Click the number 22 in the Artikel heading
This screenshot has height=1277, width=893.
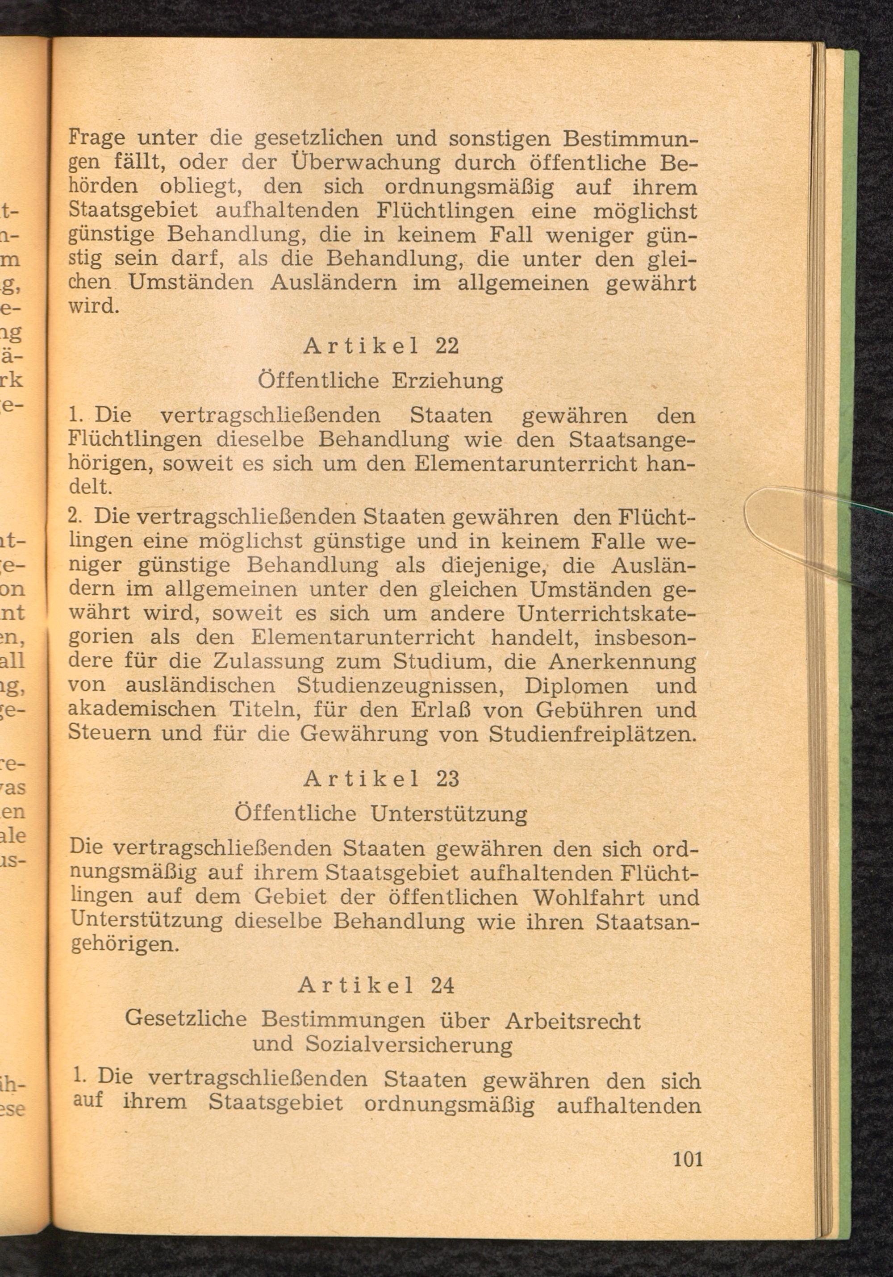tap(447, 346)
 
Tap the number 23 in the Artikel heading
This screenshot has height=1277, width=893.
tap(447, 779)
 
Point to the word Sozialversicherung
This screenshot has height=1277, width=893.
tap(409, 1046)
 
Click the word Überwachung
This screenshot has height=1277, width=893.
tap(366, 163)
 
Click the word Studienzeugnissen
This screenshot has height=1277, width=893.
tap(401, 685)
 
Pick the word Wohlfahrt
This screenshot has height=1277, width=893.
tap(589, 897)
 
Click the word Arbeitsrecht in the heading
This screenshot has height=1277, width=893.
tap(573, 1021)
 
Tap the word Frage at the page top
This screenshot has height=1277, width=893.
tap(96, 138)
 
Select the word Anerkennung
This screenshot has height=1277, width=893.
tap(622, 661)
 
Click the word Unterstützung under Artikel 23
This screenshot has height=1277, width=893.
tap(449, 815)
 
